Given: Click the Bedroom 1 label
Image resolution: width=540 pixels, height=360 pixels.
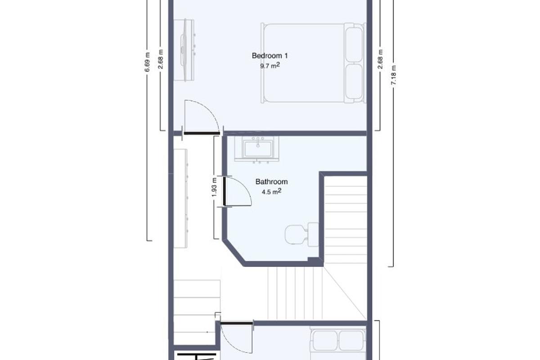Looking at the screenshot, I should pos(270,56).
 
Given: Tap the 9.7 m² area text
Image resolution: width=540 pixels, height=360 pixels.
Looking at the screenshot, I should pos(270,65).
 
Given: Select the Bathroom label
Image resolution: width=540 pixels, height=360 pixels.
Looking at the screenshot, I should pos(271,182).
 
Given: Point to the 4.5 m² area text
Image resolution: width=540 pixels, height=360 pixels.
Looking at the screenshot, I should pos(271,191).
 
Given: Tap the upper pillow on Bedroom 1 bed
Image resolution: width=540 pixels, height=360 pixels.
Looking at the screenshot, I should pos(353,45).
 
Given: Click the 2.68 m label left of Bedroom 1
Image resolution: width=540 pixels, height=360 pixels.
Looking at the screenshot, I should pos(161,58).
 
